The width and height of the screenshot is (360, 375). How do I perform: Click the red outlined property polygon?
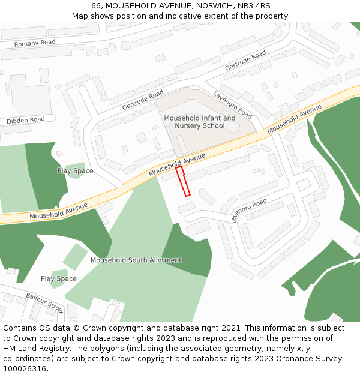tap(183, 181)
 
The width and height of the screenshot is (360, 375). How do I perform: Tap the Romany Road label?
tap(35, 43)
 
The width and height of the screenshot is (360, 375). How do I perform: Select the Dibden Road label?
tap(26, 120)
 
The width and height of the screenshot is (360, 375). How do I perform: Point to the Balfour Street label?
tap(44, 302)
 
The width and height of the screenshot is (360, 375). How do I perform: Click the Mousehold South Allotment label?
tap(136, 260)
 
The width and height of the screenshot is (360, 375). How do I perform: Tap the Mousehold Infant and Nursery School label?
tap(200, 122)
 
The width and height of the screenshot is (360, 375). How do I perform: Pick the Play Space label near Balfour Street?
tap(59, 279)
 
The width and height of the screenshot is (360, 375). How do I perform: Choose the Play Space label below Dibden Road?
tap(75, 171)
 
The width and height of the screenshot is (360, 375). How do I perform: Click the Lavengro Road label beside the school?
tap(233, 104)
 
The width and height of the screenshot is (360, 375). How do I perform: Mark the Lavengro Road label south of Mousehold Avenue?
tap(248, 211)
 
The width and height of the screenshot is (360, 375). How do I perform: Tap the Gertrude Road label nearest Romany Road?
tap(245, 61)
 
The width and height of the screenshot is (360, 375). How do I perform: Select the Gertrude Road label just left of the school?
tap(143, 100)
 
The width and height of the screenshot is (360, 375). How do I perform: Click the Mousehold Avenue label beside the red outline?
tap(177, 164)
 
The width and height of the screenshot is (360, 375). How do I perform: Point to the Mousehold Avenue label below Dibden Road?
tap(58, 211)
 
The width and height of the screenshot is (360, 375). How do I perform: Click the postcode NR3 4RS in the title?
tap(255, 5)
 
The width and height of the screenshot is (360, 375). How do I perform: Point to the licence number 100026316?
tap(25, 369)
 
